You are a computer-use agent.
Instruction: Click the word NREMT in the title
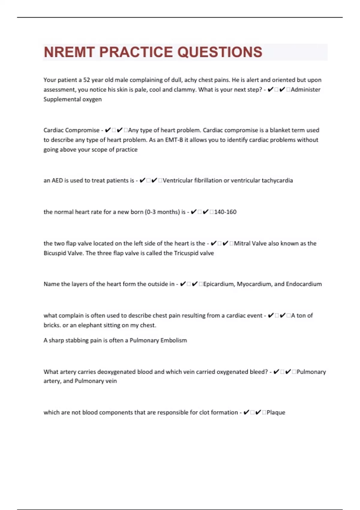69,52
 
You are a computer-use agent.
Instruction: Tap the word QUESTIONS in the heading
220,52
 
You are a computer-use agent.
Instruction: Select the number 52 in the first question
86,80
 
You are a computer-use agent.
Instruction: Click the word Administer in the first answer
305,89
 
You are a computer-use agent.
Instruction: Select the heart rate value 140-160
225,212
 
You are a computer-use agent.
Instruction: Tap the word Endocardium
304,284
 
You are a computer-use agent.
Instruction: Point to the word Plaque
276,412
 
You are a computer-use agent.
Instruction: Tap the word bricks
52,325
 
